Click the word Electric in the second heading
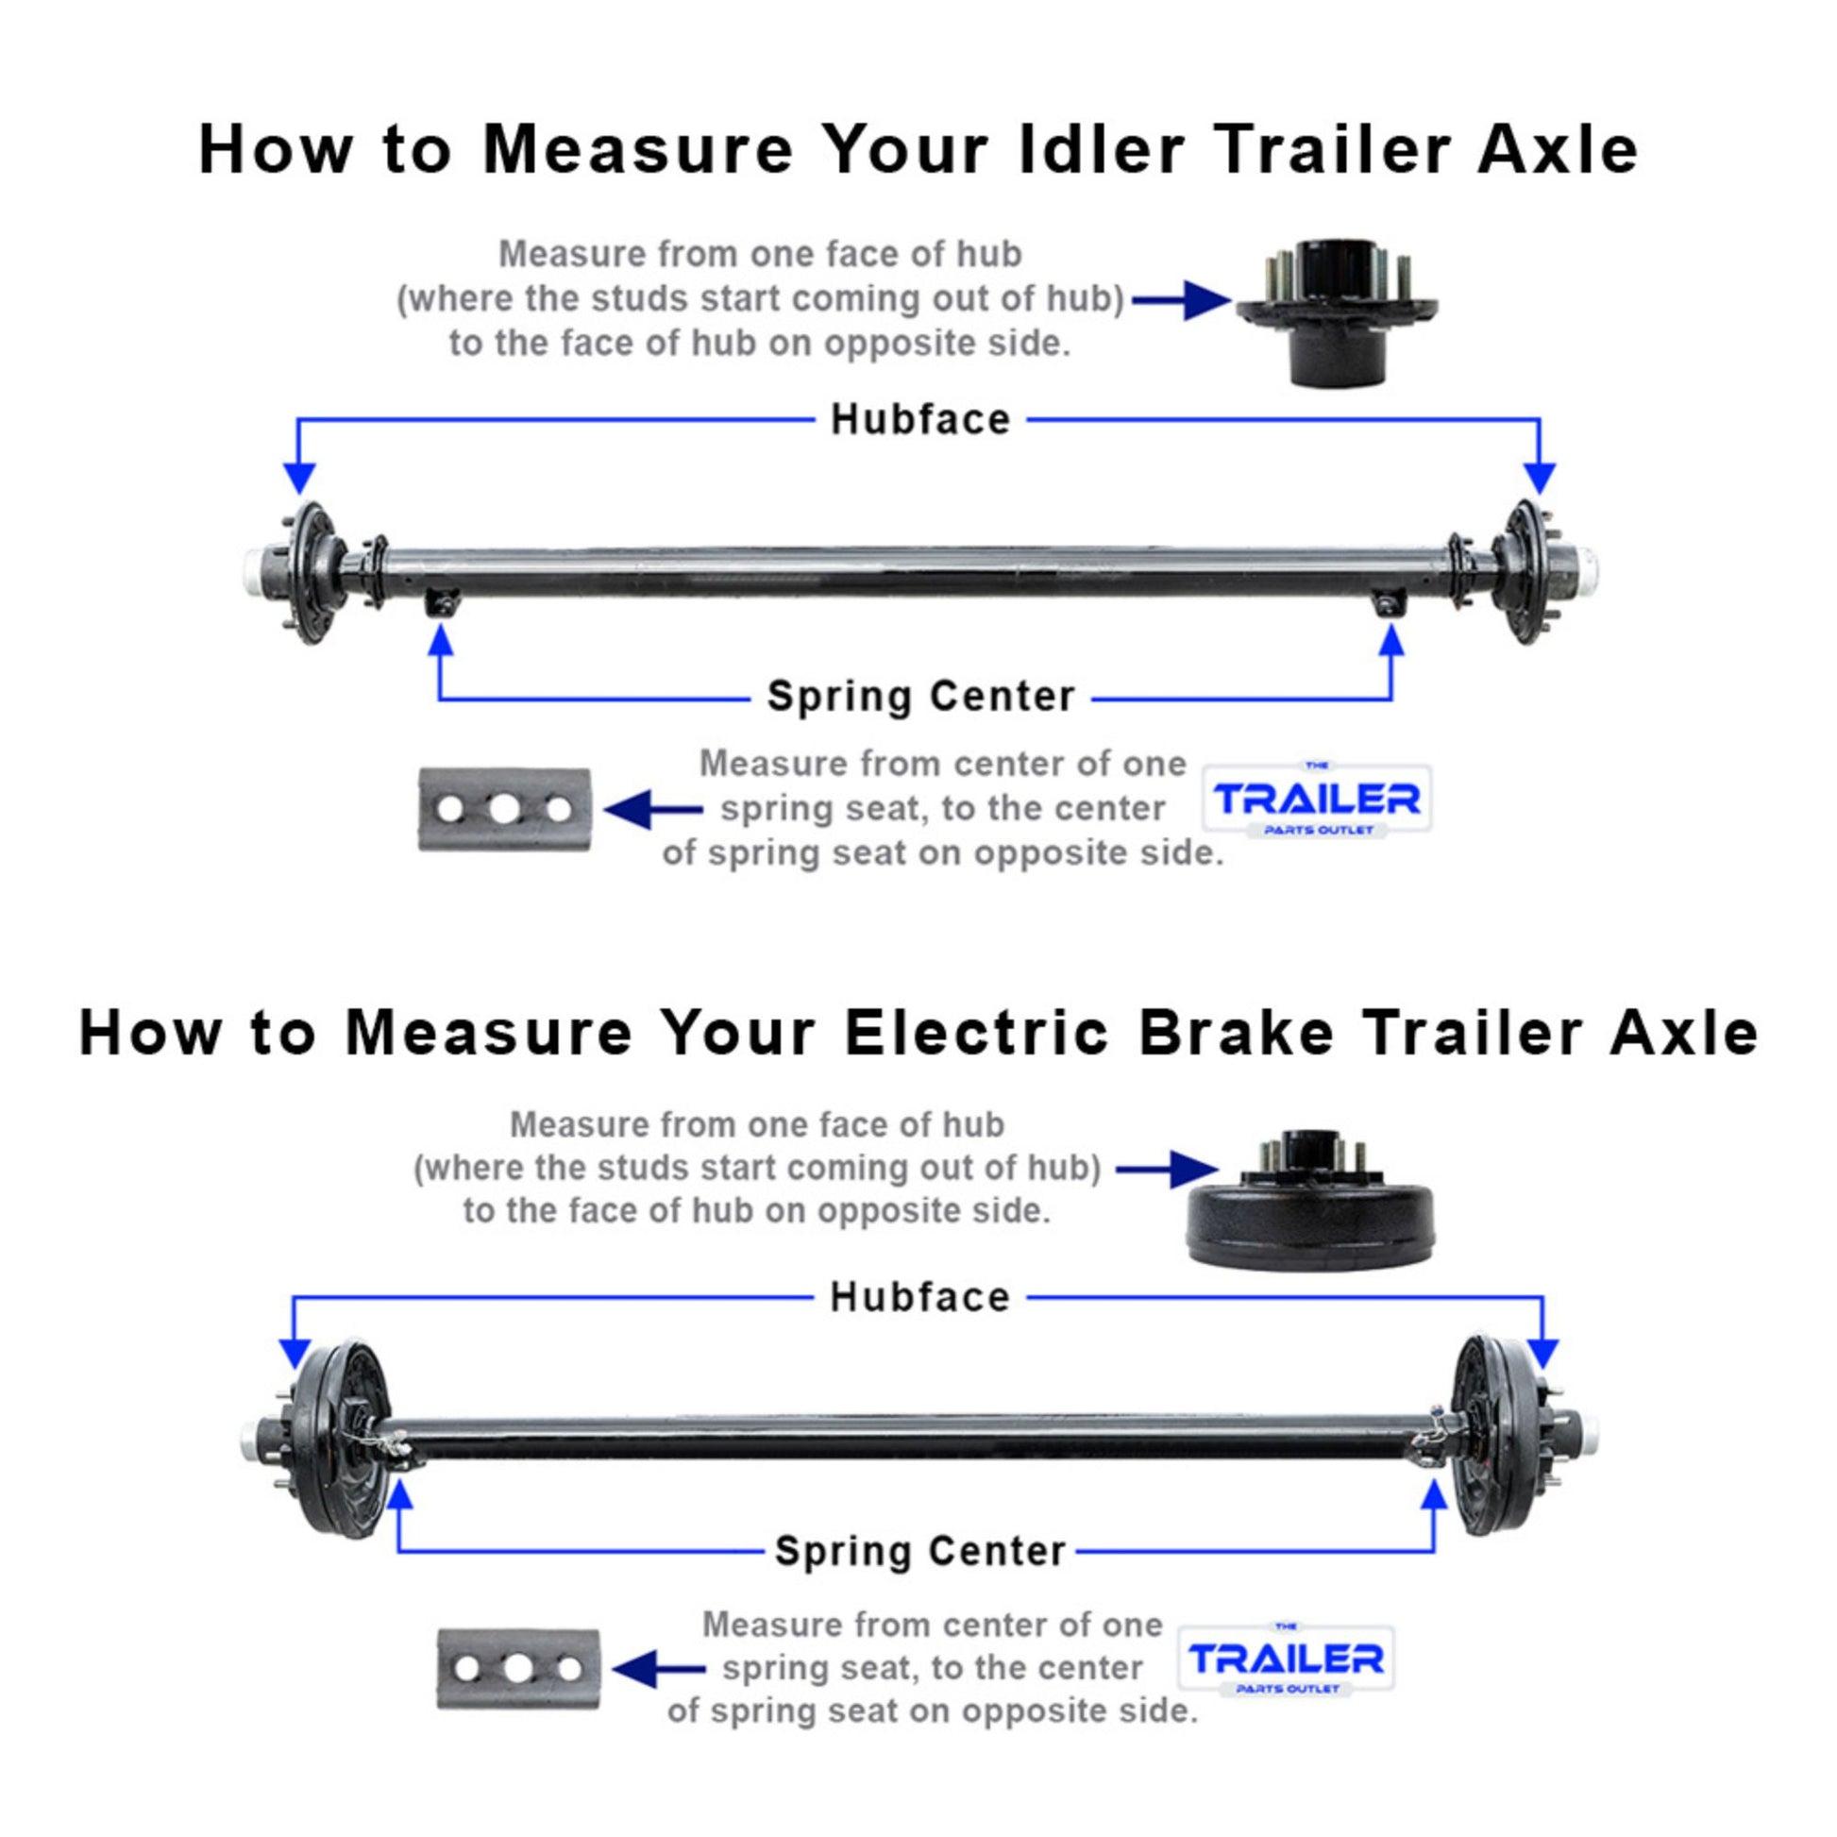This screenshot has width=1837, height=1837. click(x=975, y=1033)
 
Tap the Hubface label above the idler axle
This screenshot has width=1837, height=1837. click(x=919, y=419)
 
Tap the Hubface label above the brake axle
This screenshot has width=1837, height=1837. click(x=919, y=1297)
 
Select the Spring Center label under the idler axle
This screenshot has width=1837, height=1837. click(x=919, y=696)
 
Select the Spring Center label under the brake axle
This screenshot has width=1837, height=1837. click(x=919, y=1551)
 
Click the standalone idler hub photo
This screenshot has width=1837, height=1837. click(x=1337, y=309)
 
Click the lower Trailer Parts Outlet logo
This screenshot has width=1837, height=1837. click(x=1286, y=1660)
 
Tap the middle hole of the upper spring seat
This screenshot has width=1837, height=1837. click(x=504, y=810)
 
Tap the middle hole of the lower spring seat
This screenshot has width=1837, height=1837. click(x=517, y=1669)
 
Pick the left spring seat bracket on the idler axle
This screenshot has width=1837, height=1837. click(x=441, y=605)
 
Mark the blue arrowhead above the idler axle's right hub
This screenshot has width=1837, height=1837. click(x=1540, y=479)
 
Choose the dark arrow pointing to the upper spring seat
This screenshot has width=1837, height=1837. click(x=649, y=810)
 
